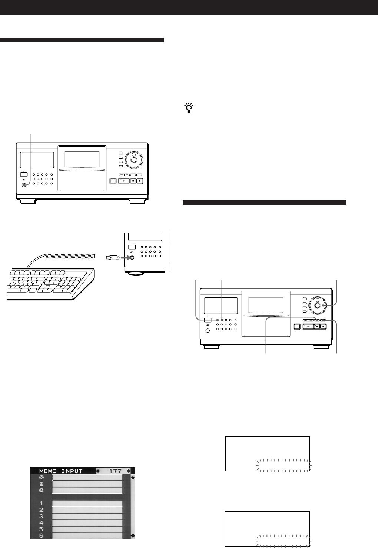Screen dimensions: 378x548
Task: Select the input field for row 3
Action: tap(87, 516)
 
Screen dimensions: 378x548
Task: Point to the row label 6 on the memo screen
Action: tap(42, 535)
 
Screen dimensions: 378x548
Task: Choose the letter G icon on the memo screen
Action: tap(42, 490)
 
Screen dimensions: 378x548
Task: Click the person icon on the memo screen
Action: tap(42, 484)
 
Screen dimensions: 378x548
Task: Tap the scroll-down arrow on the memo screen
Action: tap(133, 535)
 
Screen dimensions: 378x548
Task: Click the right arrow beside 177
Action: tap(129, 471)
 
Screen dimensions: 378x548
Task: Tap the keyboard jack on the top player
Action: tap(24, 185)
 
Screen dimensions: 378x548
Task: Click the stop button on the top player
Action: tap(139, 181)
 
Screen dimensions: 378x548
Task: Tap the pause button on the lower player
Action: tap(316, 326)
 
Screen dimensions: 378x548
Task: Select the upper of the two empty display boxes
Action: tap(267, 453)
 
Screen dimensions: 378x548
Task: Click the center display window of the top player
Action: tap(82, 159)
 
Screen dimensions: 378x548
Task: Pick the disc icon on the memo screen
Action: tap(42, 478)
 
